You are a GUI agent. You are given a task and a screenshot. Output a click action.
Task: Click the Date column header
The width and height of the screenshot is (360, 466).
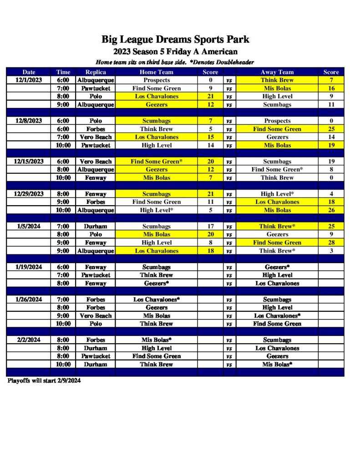[x=29, y=72]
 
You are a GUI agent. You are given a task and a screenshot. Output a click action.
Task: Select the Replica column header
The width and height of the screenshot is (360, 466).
[x=96, y=72]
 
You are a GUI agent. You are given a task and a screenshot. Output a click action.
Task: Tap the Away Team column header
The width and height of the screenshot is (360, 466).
[x=277, y=72]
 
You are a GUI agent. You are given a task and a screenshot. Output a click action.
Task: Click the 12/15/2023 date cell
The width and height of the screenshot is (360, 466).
[x=29, y=162]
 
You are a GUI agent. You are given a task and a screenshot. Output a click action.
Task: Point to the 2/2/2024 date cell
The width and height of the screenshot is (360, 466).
[x=29, y=340]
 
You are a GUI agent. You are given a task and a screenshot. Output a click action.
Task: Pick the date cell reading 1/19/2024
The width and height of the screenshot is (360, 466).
[x=29, y=267]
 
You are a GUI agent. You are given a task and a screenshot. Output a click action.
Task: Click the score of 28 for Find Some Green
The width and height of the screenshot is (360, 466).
[x=331, y=243]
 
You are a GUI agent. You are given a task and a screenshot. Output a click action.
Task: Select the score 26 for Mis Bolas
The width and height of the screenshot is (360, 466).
[x=331, y=210]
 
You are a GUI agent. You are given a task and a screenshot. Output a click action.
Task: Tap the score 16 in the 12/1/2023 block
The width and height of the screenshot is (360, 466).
[x=331, y=88]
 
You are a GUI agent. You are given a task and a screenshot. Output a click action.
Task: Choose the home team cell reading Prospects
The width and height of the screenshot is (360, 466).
[x=156, y=80]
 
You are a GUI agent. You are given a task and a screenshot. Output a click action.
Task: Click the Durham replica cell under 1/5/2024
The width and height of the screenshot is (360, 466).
[x=96, y=227]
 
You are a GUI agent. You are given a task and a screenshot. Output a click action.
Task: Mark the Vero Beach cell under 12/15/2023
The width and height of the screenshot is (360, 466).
[x=96, y=162]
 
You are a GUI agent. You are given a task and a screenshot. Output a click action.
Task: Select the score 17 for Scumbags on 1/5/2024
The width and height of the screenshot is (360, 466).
[x=210, y=227]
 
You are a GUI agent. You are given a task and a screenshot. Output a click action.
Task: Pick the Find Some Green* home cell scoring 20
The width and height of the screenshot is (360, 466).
[x=156, y=162]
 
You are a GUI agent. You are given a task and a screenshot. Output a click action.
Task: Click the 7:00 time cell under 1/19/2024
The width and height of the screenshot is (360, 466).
[x=63, y=275]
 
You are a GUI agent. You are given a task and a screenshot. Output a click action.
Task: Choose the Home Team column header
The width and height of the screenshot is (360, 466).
[x=156, y=72]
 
